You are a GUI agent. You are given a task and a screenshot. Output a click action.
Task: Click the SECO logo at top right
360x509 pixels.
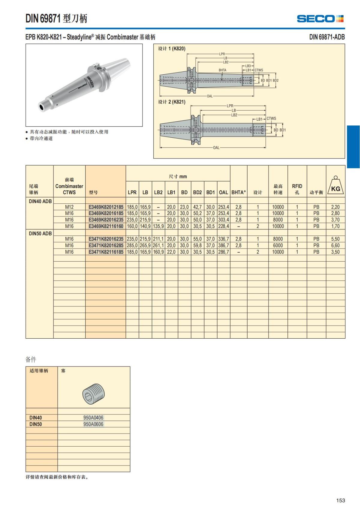pyautogui.click(x=320, y=19)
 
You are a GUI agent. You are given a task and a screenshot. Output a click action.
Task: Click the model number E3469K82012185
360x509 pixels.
pyautogui.click(x=106, y=207)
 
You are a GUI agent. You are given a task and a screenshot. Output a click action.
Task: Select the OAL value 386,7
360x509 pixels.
pyautogui.click(x=223, y=245)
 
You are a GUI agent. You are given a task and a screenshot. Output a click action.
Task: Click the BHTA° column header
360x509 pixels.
pyautogui.click(x=238, y=192)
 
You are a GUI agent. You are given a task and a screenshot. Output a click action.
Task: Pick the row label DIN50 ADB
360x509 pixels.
pyautogui.click(x=40, y=233)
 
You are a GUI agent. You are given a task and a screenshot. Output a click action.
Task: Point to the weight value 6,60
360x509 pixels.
pyautogui.click(x=335, y=245)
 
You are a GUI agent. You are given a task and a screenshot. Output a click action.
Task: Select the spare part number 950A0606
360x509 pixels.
pyautogui.click(x=93, y=424)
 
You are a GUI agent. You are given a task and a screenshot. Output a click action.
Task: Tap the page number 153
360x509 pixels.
pyautogui.click(x=340, y=500)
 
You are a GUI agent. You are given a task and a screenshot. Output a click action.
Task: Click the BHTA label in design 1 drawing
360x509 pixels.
pyautogui.click(x=222, y=70)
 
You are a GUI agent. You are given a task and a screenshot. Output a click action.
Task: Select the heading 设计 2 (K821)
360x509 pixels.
pyautogui.click(x=172, y=102)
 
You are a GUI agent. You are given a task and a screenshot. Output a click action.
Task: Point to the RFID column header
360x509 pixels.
pyautogui.click(x=297, y=189)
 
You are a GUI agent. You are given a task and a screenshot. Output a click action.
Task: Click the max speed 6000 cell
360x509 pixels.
pyautogui.click(x=278, y=245)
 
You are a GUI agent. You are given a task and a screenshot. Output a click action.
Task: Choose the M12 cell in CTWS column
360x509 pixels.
pyautogui.click(x=69, y=207)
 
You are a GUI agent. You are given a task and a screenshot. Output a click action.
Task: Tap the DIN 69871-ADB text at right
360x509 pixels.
pyautogui.click(x=327, y=37)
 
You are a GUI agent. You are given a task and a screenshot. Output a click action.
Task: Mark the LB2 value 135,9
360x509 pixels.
pyautogui.click(x=158, y=226)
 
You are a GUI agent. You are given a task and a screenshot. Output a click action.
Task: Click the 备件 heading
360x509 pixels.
pyautogui.click(x=31, y=359)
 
